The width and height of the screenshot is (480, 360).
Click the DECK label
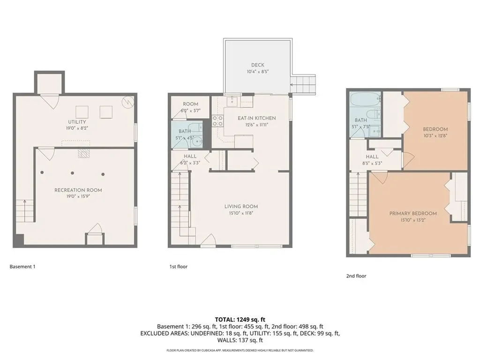(258, 65)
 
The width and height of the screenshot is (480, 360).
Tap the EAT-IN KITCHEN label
(256, 118)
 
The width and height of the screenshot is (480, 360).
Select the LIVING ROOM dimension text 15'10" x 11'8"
(241, 213)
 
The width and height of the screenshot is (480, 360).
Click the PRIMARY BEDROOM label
(413, 213)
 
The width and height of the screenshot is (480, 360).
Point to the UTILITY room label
(77, 122)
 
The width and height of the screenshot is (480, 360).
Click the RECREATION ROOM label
(78, 190)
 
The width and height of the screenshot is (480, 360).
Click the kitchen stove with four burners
(218, 121)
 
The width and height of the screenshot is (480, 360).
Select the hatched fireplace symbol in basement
(83, 153)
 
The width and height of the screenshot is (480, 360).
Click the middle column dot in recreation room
(72, 173)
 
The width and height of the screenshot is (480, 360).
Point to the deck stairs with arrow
(303, 84)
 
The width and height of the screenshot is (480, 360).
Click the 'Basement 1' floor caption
(22, 267)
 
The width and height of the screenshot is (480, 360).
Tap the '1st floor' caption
(178, 267)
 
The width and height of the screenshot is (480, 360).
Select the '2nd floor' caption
(356, 276)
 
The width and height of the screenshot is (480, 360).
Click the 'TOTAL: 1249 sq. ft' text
(240, 319)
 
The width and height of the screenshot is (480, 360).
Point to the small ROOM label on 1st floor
(190, 104)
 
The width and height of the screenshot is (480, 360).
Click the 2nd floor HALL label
(372, 157)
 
